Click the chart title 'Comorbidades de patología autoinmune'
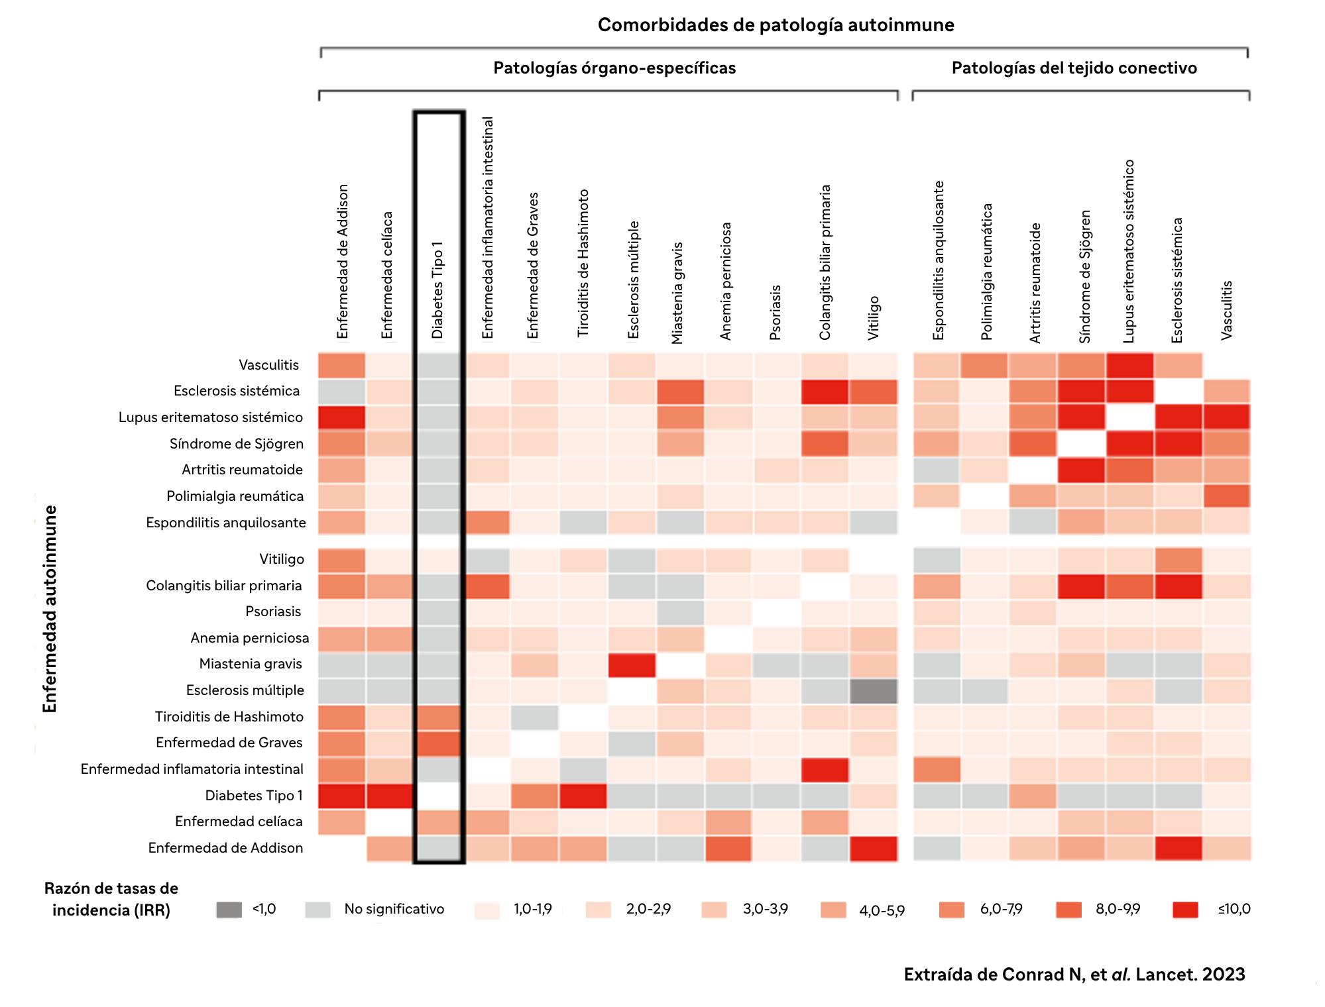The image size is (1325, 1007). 776,25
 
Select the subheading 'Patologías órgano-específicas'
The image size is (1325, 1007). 614,68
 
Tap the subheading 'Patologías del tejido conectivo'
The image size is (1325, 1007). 1074,68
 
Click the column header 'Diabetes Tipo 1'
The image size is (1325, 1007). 437,290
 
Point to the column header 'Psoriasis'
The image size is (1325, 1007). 776,312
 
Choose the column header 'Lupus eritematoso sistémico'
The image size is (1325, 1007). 1129,251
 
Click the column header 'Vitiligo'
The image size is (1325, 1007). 874,317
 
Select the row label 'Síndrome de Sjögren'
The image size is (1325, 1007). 237,444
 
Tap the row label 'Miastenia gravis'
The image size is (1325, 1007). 251,664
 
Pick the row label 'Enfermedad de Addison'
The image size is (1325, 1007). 225,848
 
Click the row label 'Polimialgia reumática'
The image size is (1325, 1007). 235,496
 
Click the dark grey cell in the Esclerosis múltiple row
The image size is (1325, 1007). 874,691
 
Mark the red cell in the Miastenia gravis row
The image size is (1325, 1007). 632,665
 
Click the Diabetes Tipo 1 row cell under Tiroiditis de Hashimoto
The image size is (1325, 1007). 583,796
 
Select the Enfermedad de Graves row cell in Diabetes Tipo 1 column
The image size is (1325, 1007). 437,743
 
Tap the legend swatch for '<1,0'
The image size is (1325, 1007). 229,910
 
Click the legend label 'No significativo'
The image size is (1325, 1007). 394,909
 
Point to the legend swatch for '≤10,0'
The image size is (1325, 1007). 1185,910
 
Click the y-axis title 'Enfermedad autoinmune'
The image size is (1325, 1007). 50,609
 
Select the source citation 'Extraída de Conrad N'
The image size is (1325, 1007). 1074,975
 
